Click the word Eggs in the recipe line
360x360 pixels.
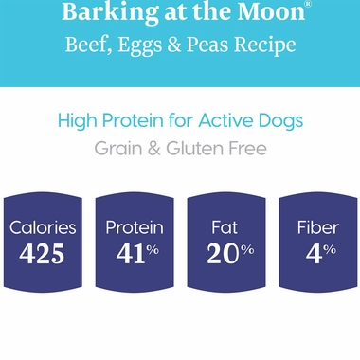(146, 45)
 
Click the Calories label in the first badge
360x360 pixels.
(44, 227)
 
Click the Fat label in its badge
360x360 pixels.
(224, 227)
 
